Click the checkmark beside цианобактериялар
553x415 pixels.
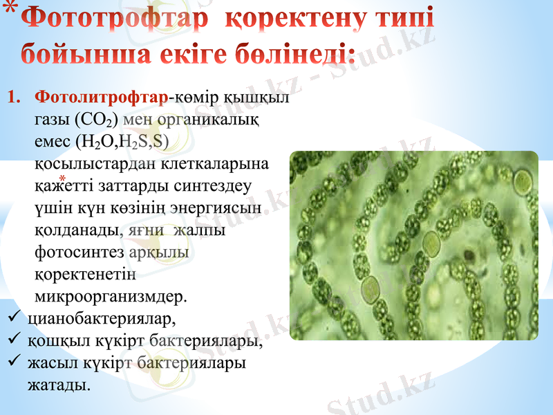click(x=12, y=319)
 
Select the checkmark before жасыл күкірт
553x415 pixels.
click(x=12, y=362)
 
